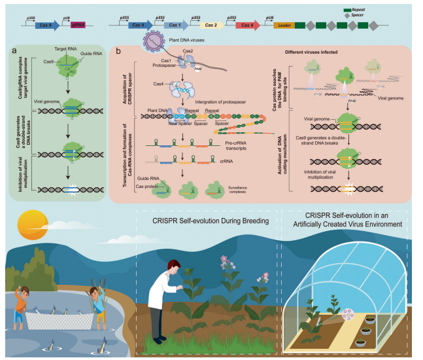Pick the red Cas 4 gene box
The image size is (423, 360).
(246, 26)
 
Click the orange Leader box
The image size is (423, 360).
(284, 26)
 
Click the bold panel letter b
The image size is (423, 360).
(118, 50)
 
